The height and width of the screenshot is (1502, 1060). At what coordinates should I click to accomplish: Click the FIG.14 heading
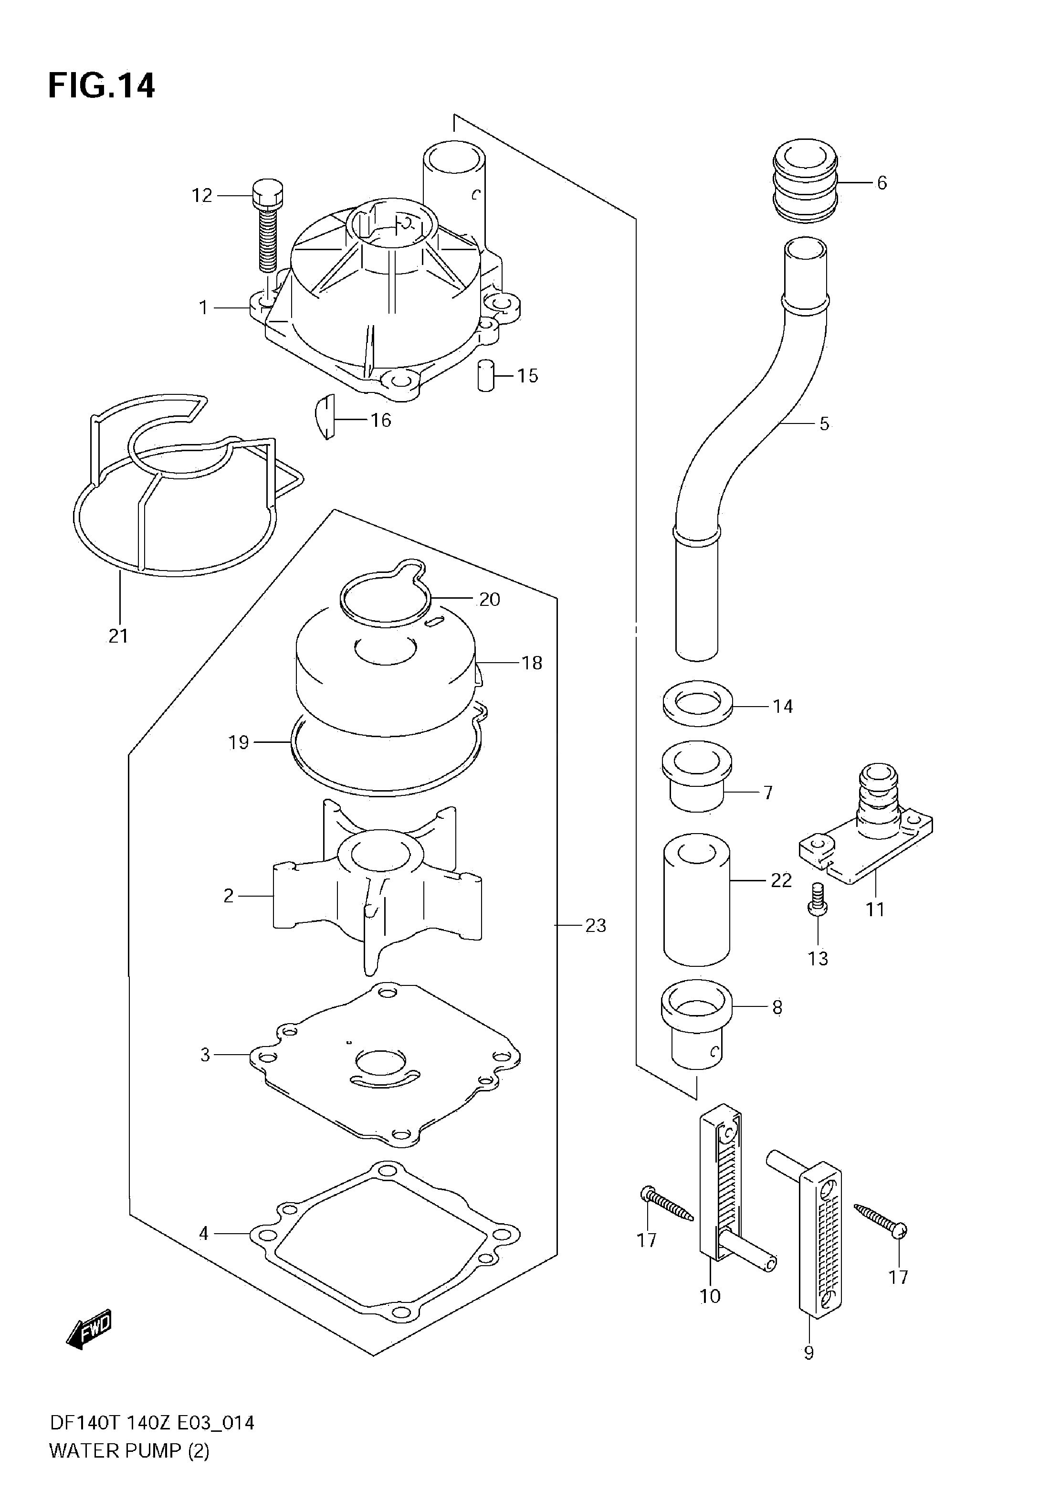coord(102,85)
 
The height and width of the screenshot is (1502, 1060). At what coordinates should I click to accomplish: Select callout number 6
coord(882,183)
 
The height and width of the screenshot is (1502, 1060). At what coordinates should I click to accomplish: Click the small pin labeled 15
coord(485,375)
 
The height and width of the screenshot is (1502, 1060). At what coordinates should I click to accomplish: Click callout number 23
coord(596,926)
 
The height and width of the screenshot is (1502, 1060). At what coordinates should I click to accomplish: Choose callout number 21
coord(118,635)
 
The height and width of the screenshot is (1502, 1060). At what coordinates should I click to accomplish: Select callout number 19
coord(239,742)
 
